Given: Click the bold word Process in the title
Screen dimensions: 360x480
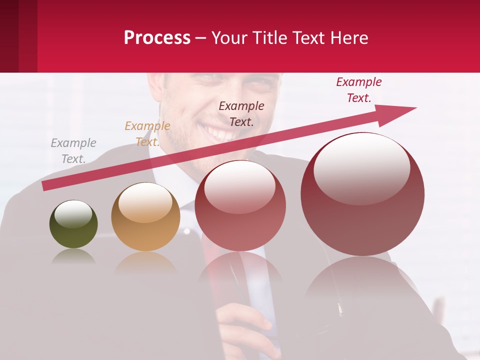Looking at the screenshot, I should tap(157, 38).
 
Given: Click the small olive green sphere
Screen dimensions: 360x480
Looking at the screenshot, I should tap(73, 224).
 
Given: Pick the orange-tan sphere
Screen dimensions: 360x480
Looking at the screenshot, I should tap(145, 217).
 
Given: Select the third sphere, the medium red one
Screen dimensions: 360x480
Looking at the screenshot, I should tap(240, 205).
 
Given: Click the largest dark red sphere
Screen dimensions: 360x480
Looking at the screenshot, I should tap(362, 194).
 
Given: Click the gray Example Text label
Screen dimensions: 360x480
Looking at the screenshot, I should tap(73, 151).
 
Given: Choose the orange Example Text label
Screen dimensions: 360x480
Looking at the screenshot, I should tap(147, 134).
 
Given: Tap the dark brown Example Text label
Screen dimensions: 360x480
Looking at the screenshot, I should tap(241, 113).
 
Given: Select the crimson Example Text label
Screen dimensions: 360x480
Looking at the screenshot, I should tap(358, 90).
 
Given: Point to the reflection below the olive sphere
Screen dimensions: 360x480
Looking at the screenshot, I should tap(73, 256).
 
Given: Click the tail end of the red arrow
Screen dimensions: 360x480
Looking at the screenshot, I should tap(46, 185).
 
